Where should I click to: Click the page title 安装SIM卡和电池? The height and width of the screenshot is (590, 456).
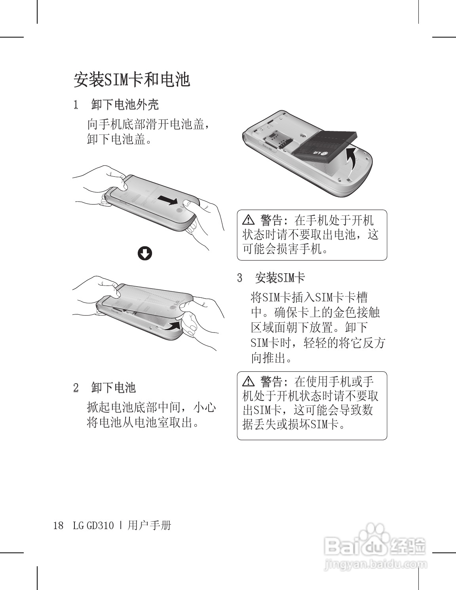tap(131, 79)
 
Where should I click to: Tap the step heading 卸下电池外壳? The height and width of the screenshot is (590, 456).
tap(125, 105)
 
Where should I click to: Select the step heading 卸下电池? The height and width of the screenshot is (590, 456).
tap(114, 388)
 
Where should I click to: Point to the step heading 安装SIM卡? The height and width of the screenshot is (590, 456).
tap(280, 278)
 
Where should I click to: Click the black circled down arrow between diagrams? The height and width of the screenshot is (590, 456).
tap(144, 253)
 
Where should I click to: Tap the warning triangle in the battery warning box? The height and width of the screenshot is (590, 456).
tap(248, 220)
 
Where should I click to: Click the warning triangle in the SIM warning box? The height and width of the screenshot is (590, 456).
tap(248, 382)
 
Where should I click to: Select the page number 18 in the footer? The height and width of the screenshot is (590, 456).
tap(59, 526)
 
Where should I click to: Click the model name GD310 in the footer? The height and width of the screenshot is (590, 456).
tap(100, 526)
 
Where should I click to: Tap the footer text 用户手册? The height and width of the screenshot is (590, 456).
tap(149, 526)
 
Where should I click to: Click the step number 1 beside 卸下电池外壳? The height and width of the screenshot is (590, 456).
tap(76, 105)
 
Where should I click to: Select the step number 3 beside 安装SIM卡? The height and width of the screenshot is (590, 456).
tap(239, 278)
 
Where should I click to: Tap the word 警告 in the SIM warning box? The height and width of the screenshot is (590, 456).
tap(272, 382)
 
